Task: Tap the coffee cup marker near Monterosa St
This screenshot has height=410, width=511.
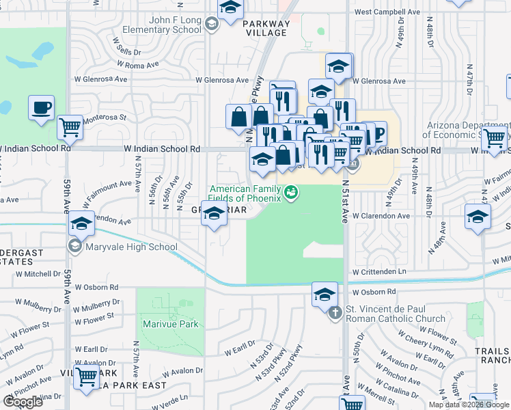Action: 41,108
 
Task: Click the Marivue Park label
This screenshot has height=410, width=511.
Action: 171,323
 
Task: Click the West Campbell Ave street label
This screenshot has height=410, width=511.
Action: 387,12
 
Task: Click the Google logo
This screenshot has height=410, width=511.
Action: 23,402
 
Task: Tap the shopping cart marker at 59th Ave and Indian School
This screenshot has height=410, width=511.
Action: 70,126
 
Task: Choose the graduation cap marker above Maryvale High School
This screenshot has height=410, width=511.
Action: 81,223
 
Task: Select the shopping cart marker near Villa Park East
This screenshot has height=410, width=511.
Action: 87,376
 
